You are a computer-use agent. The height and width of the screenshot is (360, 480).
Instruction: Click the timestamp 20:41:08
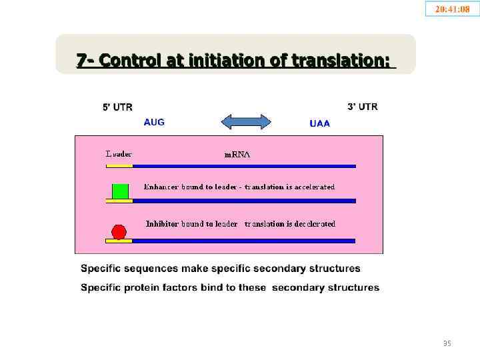click(452, 9)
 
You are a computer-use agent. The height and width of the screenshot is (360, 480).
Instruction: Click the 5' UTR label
click(117, 107)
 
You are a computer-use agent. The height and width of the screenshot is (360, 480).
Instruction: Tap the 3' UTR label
click(362, 107)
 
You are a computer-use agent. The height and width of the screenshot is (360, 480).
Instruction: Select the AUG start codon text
click(154, 122)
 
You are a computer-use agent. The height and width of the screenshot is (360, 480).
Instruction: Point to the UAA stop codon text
click(319, 123)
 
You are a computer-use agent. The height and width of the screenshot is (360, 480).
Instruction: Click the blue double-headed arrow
click(245, 122)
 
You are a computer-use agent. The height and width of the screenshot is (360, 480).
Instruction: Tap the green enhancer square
click(120, 191)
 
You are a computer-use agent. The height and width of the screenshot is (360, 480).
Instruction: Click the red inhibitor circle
click(119, 231)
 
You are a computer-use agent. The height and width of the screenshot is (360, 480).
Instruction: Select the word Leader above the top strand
click(119, 154)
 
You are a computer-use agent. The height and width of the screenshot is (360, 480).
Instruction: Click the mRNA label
click(236, 154)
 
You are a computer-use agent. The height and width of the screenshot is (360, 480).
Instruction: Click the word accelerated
click(313, 187)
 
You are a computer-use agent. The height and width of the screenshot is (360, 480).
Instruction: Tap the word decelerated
click(314, 224)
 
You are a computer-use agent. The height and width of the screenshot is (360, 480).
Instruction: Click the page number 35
click(447, 343)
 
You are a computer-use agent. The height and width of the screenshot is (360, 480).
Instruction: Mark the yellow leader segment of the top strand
click(119, 166)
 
